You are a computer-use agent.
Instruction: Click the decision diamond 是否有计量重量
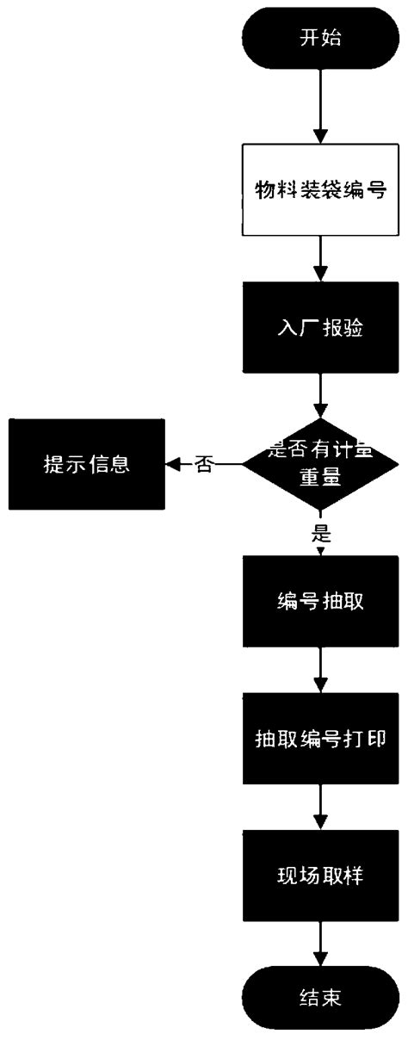[x=319, y=465]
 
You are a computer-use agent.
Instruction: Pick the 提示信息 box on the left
[x=86, y=465]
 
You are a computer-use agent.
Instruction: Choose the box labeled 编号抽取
[x=319, y=600]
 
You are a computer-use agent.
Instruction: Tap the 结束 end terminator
[x=319, y=999]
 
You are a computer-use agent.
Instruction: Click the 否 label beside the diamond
[x=203, y=465]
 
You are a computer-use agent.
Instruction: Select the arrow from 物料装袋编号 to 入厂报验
[x=319, y=262]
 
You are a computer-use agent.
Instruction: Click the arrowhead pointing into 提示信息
[x=172, y=465]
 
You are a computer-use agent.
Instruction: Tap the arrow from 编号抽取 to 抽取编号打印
[x=319, y=672]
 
